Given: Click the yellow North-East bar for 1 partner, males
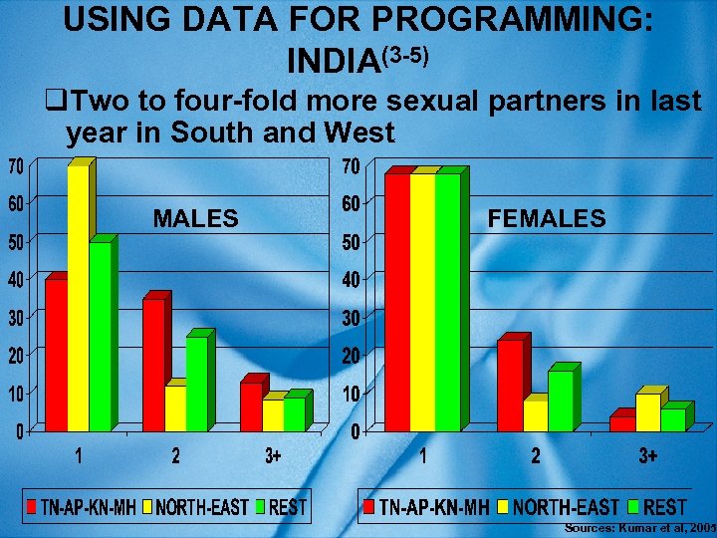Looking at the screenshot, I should [x=78, y=299].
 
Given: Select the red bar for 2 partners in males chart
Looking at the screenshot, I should [x=153, y=365].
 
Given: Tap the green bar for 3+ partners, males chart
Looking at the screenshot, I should [x=295, y=413].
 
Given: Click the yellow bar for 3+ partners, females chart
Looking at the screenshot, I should [x=648, y=412].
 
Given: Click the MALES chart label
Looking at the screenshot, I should [x=195, y=218].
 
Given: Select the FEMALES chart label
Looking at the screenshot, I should [x=547, y=218].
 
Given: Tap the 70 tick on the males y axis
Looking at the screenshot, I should [x=18, y=164].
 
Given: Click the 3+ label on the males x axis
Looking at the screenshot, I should [x=273, y=457].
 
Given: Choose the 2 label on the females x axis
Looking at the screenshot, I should [x=535, y=457].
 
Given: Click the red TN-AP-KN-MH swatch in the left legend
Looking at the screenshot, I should [x=32, y=507].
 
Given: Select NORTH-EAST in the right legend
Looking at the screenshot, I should [x=566, y=508].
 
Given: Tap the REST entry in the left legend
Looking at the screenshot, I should [x=288, y=508].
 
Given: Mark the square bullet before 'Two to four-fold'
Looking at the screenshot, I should [x=55, y=102].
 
